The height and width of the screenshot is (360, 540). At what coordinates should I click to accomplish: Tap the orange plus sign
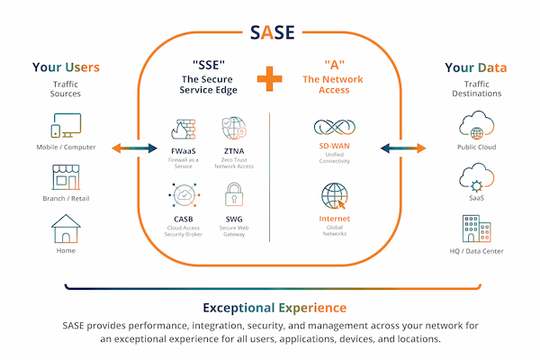click(270, 79)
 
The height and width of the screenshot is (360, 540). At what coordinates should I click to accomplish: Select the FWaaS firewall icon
click(183, 127)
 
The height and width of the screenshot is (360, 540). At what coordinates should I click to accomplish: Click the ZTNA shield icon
click(234, 127)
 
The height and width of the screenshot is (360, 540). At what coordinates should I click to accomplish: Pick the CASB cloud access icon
click(183, 194)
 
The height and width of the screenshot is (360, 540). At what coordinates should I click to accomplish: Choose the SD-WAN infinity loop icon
click(334, 128)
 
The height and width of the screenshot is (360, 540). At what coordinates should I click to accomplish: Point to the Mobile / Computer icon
click(66, 125)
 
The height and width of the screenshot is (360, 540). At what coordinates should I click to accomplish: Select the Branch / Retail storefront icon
click(66, 176)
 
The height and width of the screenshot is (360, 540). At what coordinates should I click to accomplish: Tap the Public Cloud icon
click(474, 124)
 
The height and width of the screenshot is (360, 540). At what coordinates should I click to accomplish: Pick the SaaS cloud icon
click(474, 176)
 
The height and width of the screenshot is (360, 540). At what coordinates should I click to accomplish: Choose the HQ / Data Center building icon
click(474, 229)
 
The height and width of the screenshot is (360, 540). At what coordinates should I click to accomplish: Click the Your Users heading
click(66, 67)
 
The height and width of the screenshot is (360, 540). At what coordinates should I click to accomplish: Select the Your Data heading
click(474, 67)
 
